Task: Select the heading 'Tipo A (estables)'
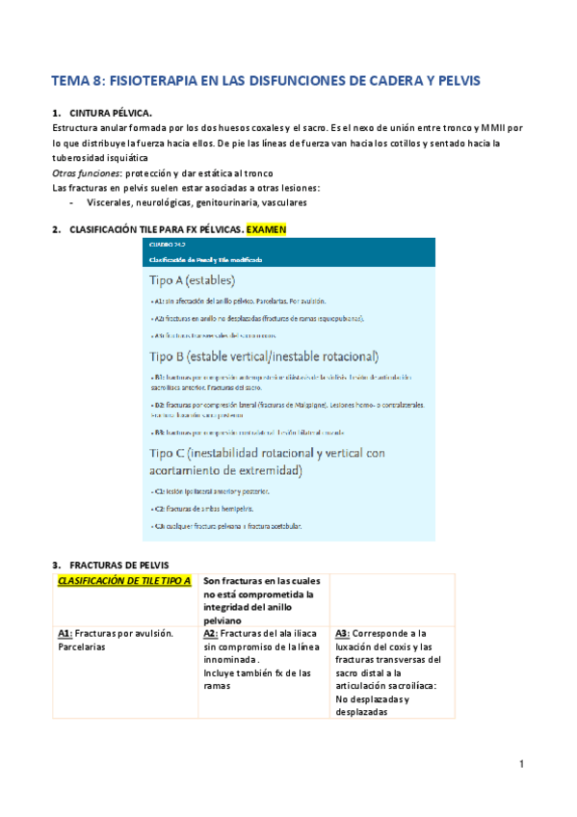(x=197, y=280)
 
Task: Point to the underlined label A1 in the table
(x=65, y=633)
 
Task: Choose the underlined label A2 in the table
(x=211, y=633)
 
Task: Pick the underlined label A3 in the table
(x=343, y=633)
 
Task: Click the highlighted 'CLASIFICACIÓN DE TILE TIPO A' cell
(x=124, y=581)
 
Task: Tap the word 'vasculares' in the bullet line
(x=278, y=203)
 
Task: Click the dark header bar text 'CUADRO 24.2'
(x=166, y=246)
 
